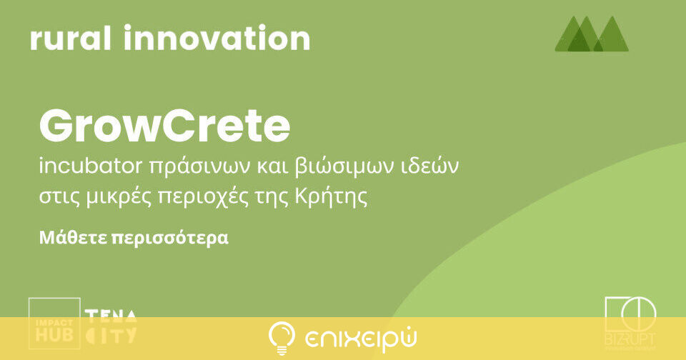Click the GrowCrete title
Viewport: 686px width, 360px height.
(165, 127)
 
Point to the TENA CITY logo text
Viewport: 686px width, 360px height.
(111, 325)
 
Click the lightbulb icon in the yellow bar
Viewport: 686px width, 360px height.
(282, 338)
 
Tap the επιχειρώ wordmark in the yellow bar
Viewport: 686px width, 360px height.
(361, 338)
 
